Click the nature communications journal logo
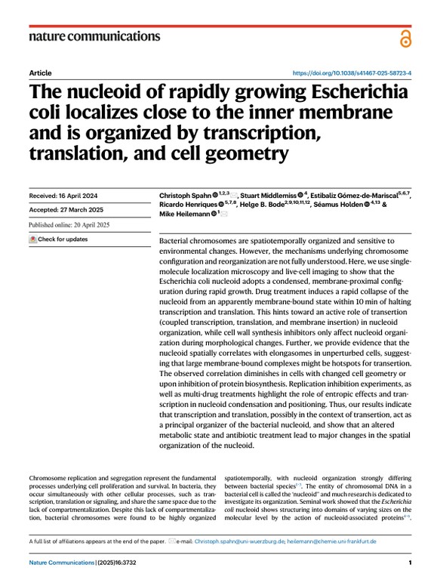(94, 35)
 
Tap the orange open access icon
(407, 37)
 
